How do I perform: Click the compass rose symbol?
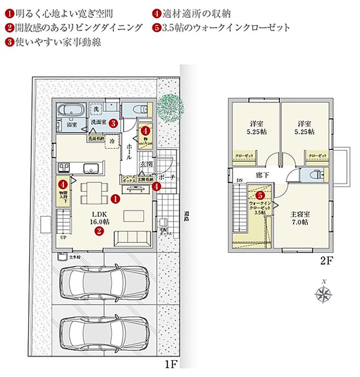tap(323, 293)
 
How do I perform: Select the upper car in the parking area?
tap(104, 282)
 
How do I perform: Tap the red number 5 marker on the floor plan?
tap(260, 194)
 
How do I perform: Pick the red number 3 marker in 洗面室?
tap(113, 123)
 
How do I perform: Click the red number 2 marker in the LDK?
tap(99, 231)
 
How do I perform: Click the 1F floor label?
tap(170, 364)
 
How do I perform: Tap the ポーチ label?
tap(167, 177)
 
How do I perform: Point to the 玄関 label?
tap(146, 164)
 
